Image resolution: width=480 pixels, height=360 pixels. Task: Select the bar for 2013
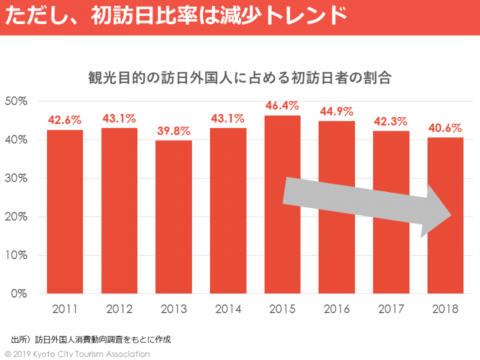[x=173, y=217]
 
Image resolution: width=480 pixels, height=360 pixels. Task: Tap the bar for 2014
[x=228, y=210]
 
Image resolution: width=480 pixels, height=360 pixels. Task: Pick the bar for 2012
[x=119, y=210]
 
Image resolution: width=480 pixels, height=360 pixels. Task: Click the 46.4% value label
[x=282, y=106]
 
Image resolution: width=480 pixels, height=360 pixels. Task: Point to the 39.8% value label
[x=173, y=131]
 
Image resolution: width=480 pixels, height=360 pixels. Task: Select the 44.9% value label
[x=337, y=112]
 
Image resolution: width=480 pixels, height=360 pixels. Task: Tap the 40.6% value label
[x=445, y=128]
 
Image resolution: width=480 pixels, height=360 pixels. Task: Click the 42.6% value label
[x=65, y=119]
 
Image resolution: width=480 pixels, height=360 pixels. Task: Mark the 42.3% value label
[x=391, y=122]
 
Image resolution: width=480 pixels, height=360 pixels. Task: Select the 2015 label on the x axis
[x=282, y=310]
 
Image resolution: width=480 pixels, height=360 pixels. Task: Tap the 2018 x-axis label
[x=445, y=310]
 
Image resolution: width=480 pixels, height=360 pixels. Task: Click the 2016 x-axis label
[x=337, y=310]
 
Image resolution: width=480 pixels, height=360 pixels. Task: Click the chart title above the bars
[x=240, y=79]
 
